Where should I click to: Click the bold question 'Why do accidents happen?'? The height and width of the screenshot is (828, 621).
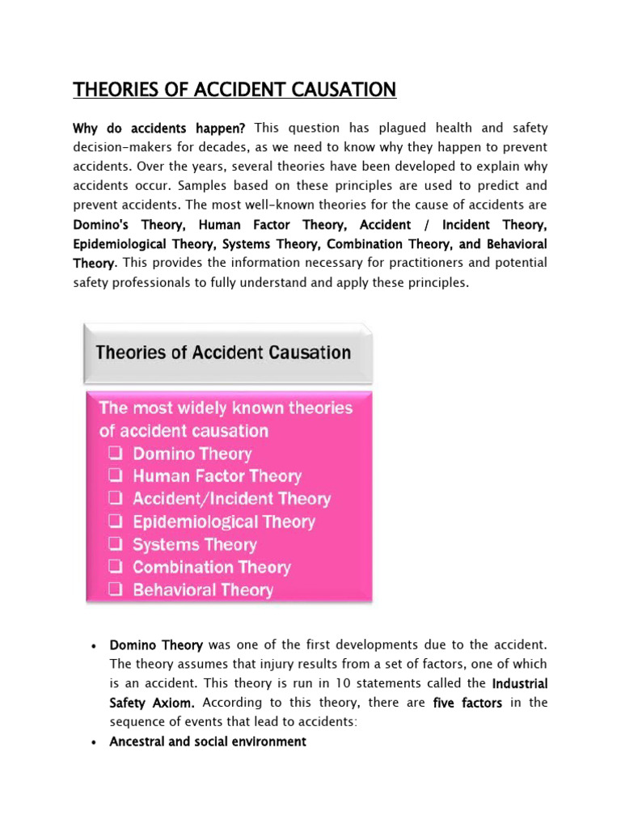tap(159, 128)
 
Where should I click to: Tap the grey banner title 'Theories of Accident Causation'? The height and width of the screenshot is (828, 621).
tap(223, 353)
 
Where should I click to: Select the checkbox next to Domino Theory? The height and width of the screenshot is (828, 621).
tap(116, 454)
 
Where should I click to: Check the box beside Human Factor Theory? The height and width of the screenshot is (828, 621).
tap(116, 476)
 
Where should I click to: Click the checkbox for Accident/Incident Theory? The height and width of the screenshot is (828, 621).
tap(116, 499)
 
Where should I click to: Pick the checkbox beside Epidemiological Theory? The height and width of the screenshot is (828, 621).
tap(116, 522)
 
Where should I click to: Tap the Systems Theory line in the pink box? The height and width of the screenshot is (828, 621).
tap(194, 544)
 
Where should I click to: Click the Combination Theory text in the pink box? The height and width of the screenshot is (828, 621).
tap(211, 567)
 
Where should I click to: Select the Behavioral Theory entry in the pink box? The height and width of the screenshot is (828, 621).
tap(203, 589)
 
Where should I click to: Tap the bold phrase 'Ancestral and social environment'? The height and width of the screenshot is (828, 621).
tap(208, 741)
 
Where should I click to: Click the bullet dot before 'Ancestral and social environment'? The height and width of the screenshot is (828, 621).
tap(95, 742)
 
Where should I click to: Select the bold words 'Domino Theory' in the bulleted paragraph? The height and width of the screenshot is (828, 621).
tap(156, 644)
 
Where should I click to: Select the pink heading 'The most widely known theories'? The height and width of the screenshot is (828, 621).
tap(226, 408)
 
